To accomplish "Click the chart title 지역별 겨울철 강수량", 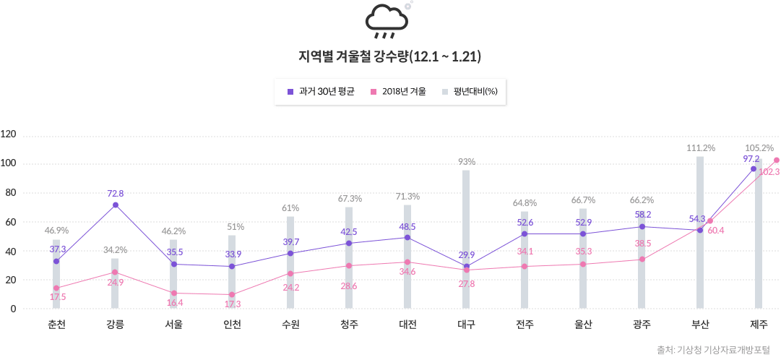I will [x=390, y=57].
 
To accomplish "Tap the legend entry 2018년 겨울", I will [x=398, y=92].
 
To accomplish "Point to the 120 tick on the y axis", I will [x=9, y=134].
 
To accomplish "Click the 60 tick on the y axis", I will [x=9, y=222].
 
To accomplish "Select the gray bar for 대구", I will [x=466, y=239].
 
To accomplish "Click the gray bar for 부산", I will [x=700, y=232].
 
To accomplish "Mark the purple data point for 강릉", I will [x=115, y=205].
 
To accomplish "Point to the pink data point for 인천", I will [x=232, y=294].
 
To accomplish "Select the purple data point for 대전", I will [x=407, y=238].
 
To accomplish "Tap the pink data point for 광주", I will [x=642, y=260].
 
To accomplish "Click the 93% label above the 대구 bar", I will [x=466, y=162].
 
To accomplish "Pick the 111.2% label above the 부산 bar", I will [x=700, y=147].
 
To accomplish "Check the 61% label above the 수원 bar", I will [x=290, y=208].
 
